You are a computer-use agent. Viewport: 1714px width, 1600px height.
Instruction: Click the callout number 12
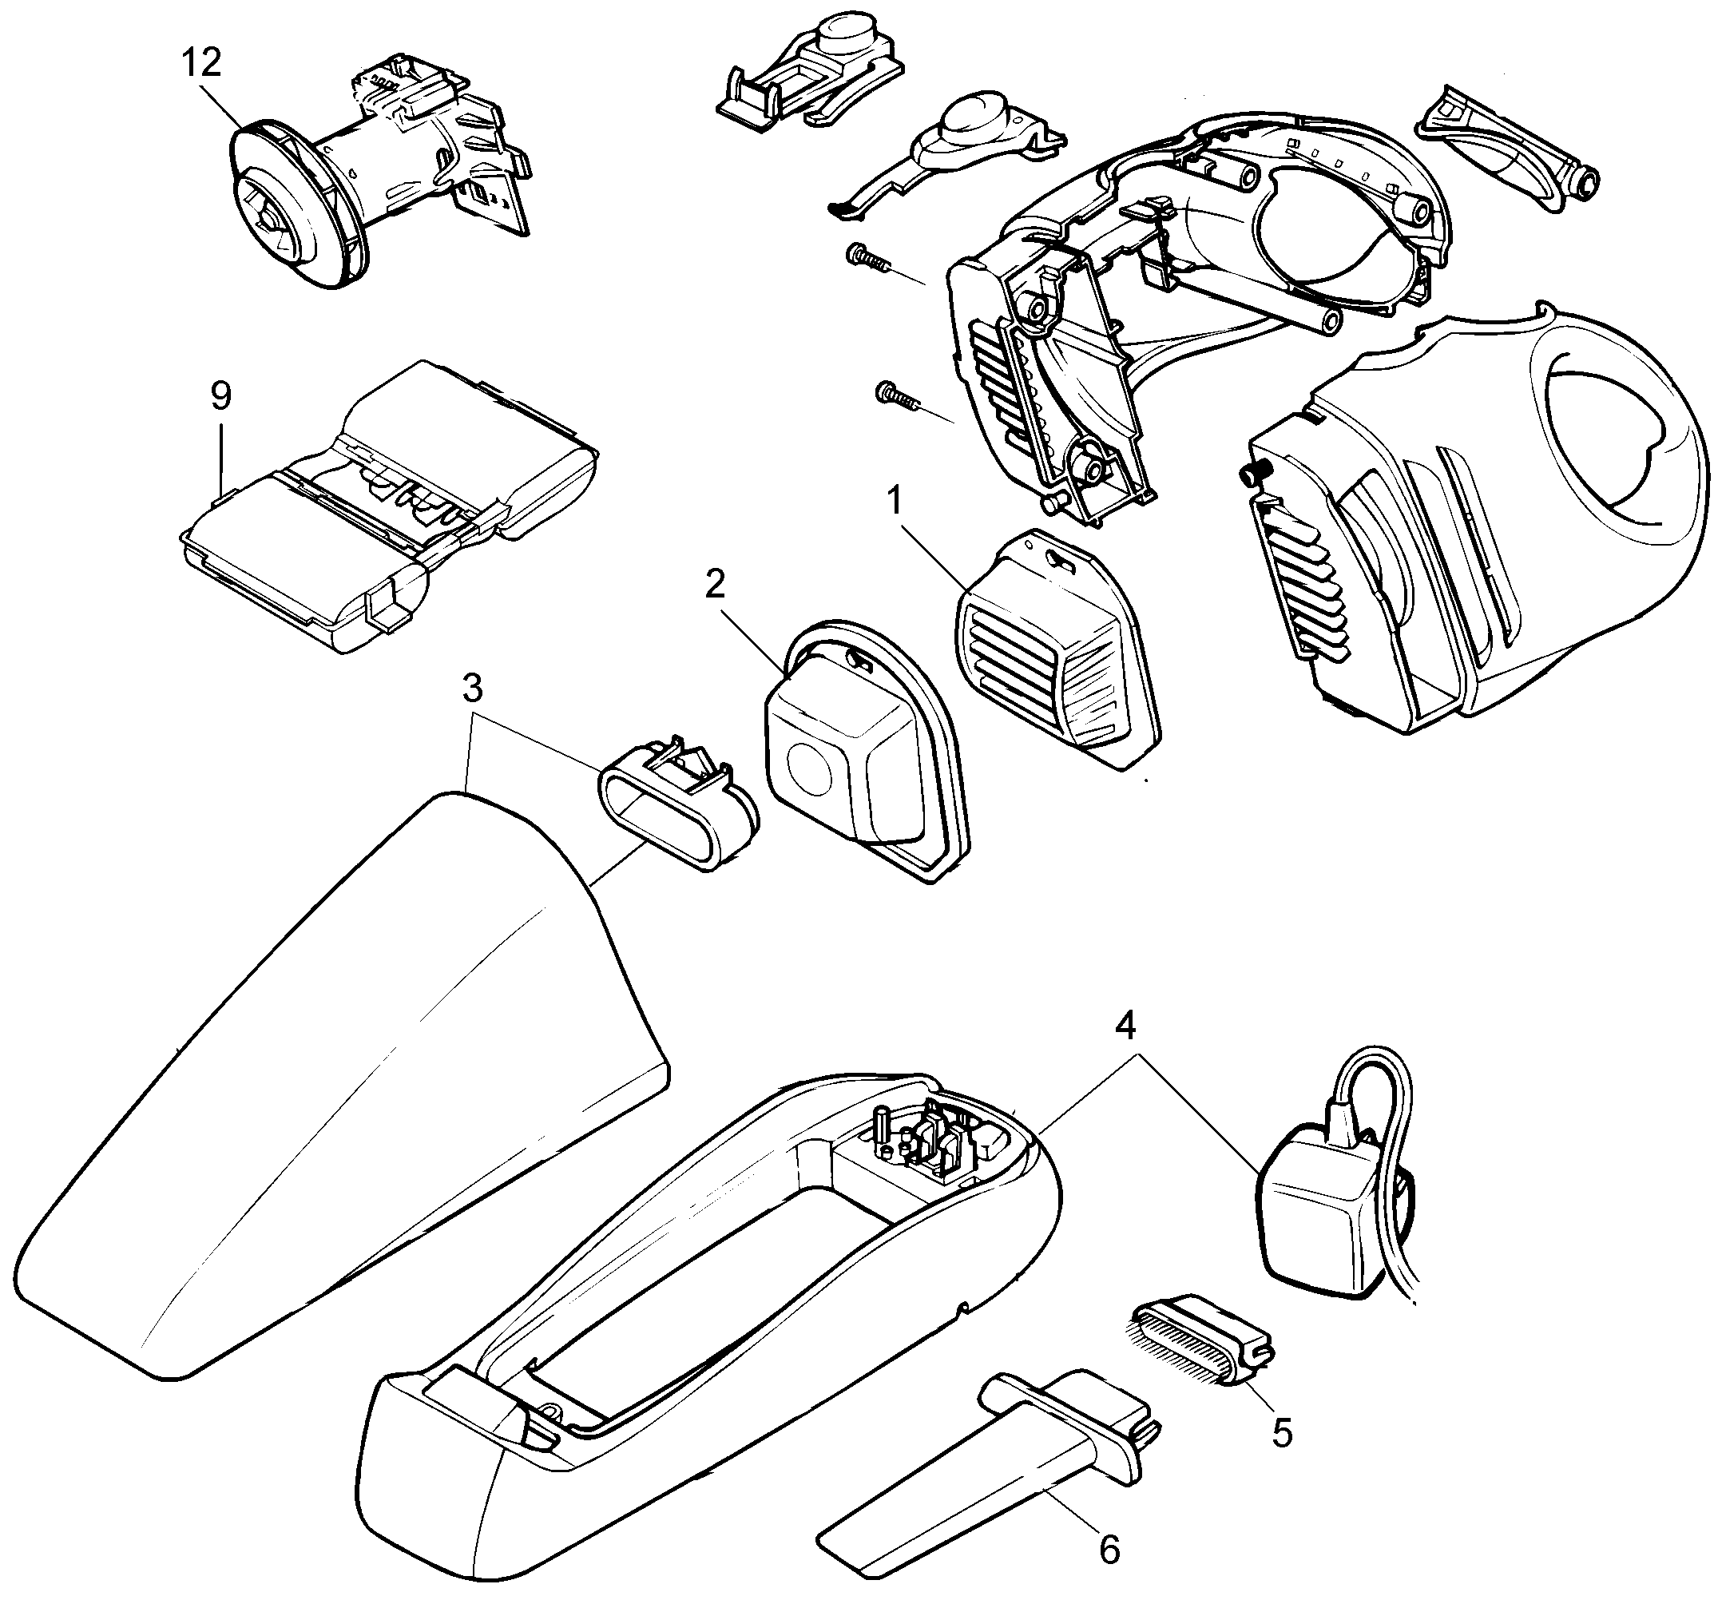point(201,62)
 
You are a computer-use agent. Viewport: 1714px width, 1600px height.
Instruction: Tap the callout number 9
point(220,395)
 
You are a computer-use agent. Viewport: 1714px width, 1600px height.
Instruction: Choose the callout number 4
point(1125,1024)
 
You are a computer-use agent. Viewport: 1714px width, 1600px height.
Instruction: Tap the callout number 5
point(1282,1433)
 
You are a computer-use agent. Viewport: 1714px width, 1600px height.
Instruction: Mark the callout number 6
point(1109,1549)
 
